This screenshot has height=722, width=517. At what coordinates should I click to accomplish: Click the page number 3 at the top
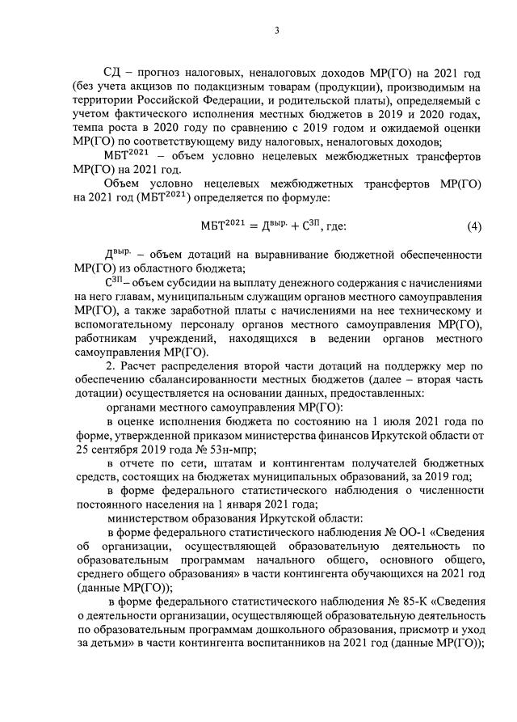[276, 32]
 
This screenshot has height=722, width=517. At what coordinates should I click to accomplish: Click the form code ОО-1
[392, 538]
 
